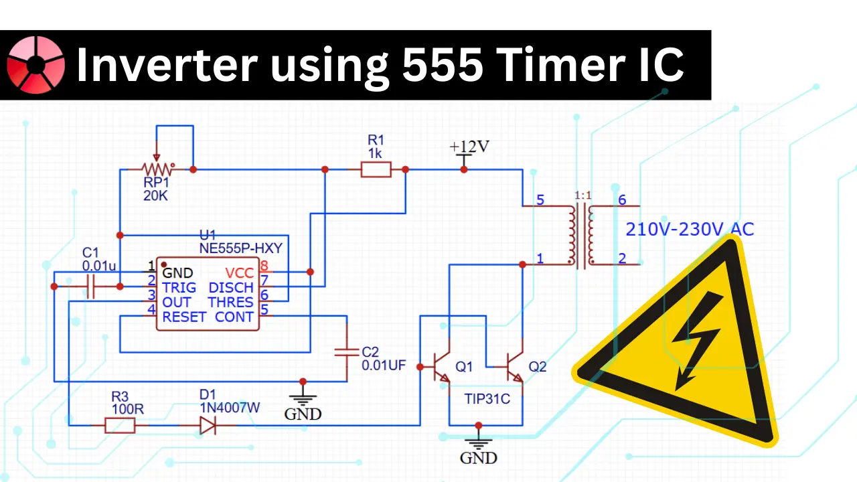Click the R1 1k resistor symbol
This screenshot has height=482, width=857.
376,170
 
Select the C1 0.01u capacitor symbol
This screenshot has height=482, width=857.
91,287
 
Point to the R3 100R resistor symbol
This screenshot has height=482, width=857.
121,425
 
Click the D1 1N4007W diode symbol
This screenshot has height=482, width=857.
208,425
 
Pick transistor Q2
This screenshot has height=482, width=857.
514,367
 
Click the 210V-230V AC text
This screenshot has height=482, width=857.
690,230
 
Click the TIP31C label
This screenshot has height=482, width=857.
487,399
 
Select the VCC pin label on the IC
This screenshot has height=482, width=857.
240,272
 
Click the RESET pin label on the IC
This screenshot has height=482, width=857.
183,317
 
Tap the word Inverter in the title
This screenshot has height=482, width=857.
166,65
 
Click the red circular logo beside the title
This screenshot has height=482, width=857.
35,65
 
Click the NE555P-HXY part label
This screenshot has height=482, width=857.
241,248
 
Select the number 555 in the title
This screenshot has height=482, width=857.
438,65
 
